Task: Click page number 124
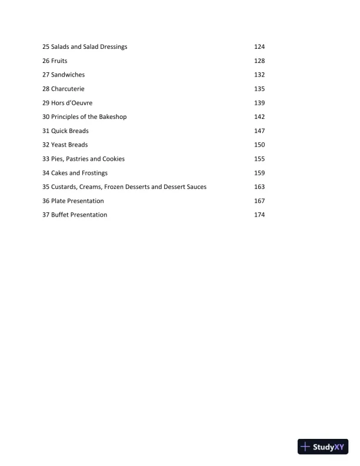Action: [259, 46]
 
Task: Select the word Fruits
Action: [59, 61]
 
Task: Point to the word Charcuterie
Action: [68, 89]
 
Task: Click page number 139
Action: [259, 103]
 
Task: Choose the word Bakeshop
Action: [112, 116]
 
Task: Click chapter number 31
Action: [46, 131]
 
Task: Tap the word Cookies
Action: [114, 159]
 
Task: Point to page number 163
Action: [259, 187]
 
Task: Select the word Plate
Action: [59, 201]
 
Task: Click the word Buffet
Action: [61, 215]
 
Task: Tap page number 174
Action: [259, 215]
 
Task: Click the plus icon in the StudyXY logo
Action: [305, 447]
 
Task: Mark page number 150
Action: [259, 145]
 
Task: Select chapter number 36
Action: [46, 201]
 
